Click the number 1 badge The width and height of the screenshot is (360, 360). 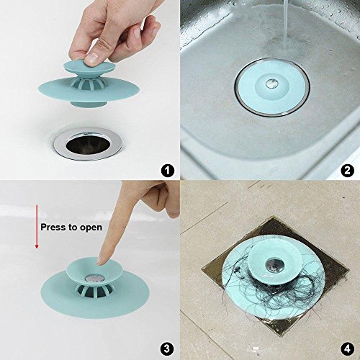pos(167,171)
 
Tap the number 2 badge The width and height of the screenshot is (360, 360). pos(347,171)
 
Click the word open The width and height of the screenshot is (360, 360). pos(91,228)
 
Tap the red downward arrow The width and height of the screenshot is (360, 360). pos(37,227)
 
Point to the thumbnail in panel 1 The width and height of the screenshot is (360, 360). pos(92,58)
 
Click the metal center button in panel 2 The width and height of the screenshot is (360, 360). pos(272,84)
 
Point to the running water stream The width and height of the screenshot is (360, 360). pos(286,22)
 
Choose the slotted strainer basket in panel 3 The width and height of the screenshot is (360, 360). pos(94,290)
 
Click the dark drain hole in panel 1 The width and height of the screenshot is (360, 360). pos(88,144)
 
